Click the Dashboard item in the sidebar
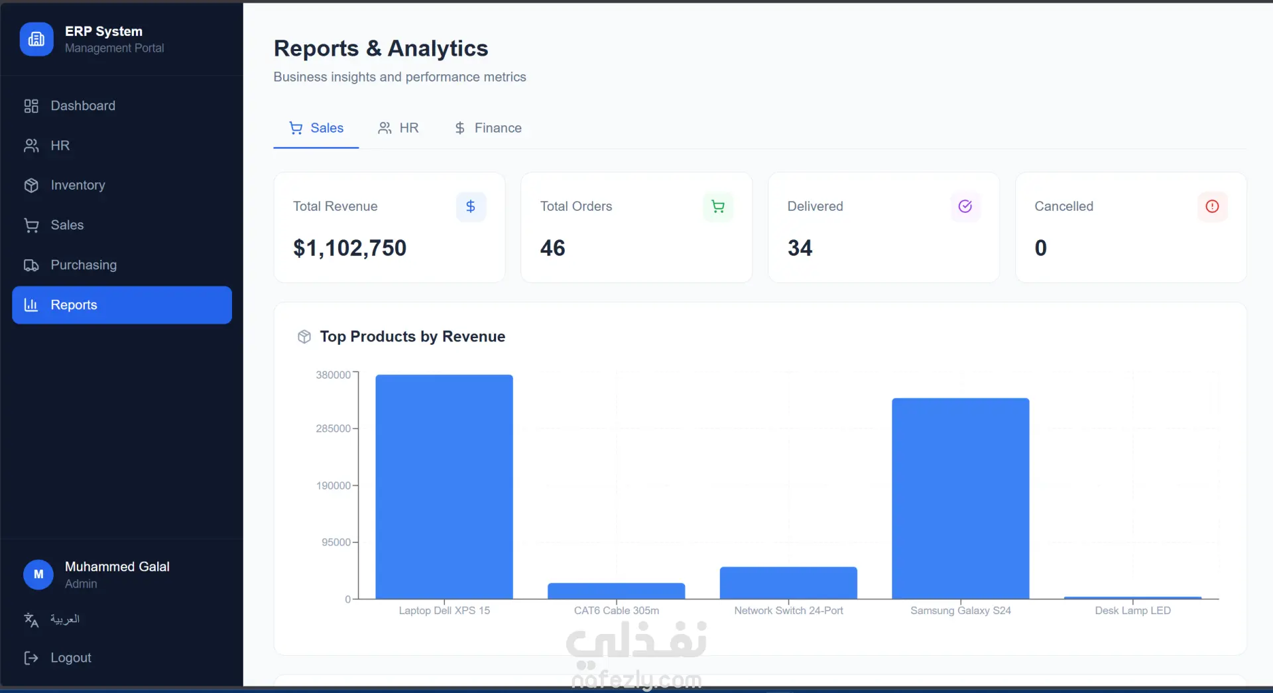(x=70, y=106)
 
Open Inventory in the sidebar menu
(x=65, y=186)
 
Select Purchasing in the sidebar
(x=70, y=265)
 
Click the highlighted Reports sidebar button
(x=122, y=305)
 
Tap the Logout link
(x=58, y=658)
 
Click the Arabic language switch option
(x=52, y=619)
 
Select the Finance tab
(x=488, y=128)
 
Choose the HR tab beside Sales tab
(x=398, y=128)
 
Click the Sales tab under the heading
(x=316, y=128)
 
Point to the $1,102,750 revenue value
(x=350, y=248)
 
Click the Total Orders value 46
(x=553, y=248)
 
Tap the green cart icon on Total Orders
(x=718, y=207)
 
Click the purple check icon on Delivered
(x=965, y=207)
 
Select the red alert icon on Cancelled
(x=1213, y=207)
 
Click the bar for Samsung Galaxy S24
(x=961, y=499)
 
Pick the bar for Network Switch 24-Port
(x=788, y=583)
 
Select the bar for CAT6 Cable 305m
(x=617, y=591)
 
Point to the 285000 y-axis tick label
(x=333, y=429)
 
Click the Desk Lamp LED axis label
(x=1132, y=611)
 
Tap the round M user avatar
(x=38, y=575)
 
